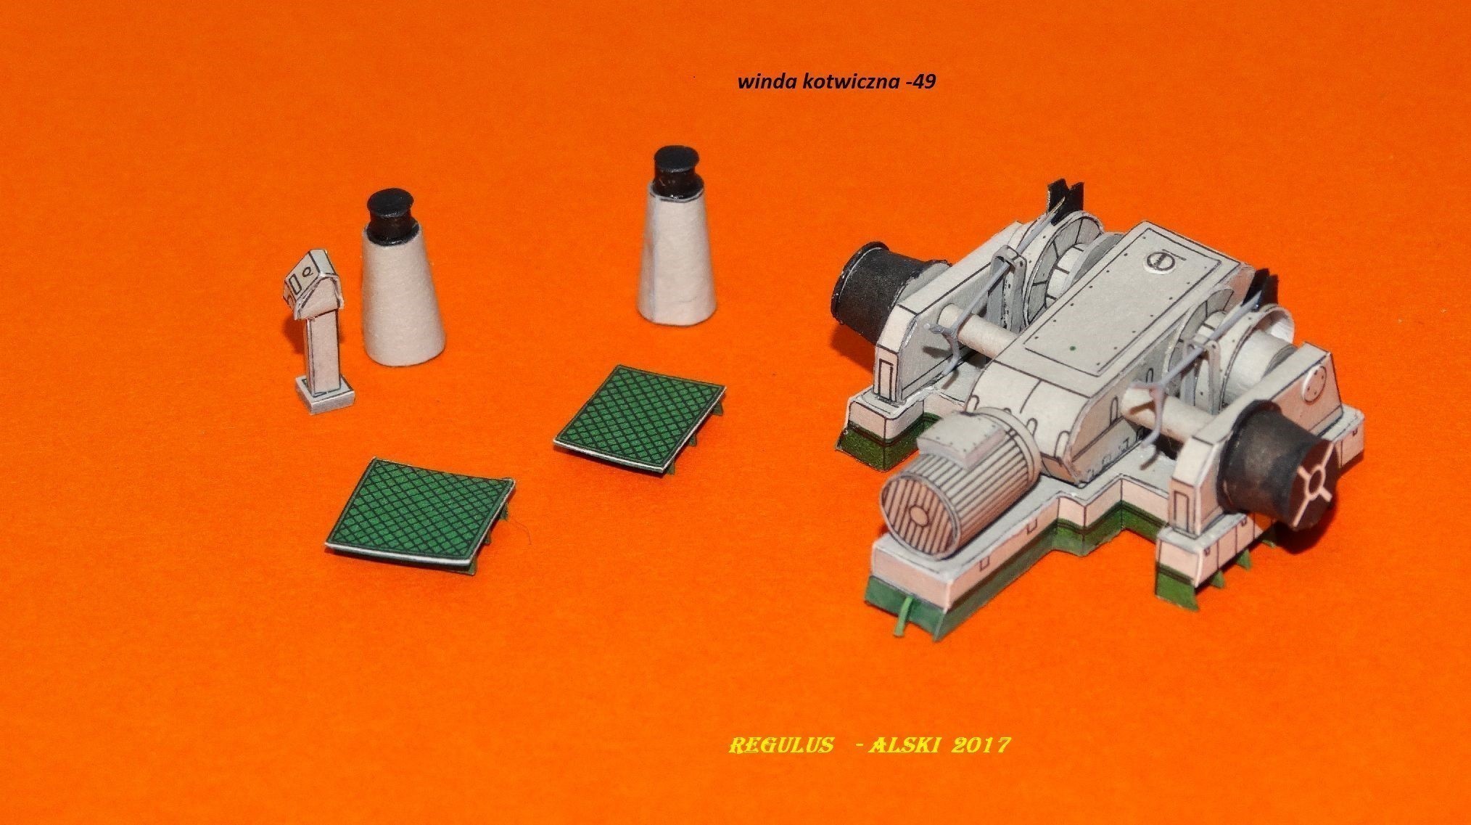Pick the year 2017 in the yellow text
985,746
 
